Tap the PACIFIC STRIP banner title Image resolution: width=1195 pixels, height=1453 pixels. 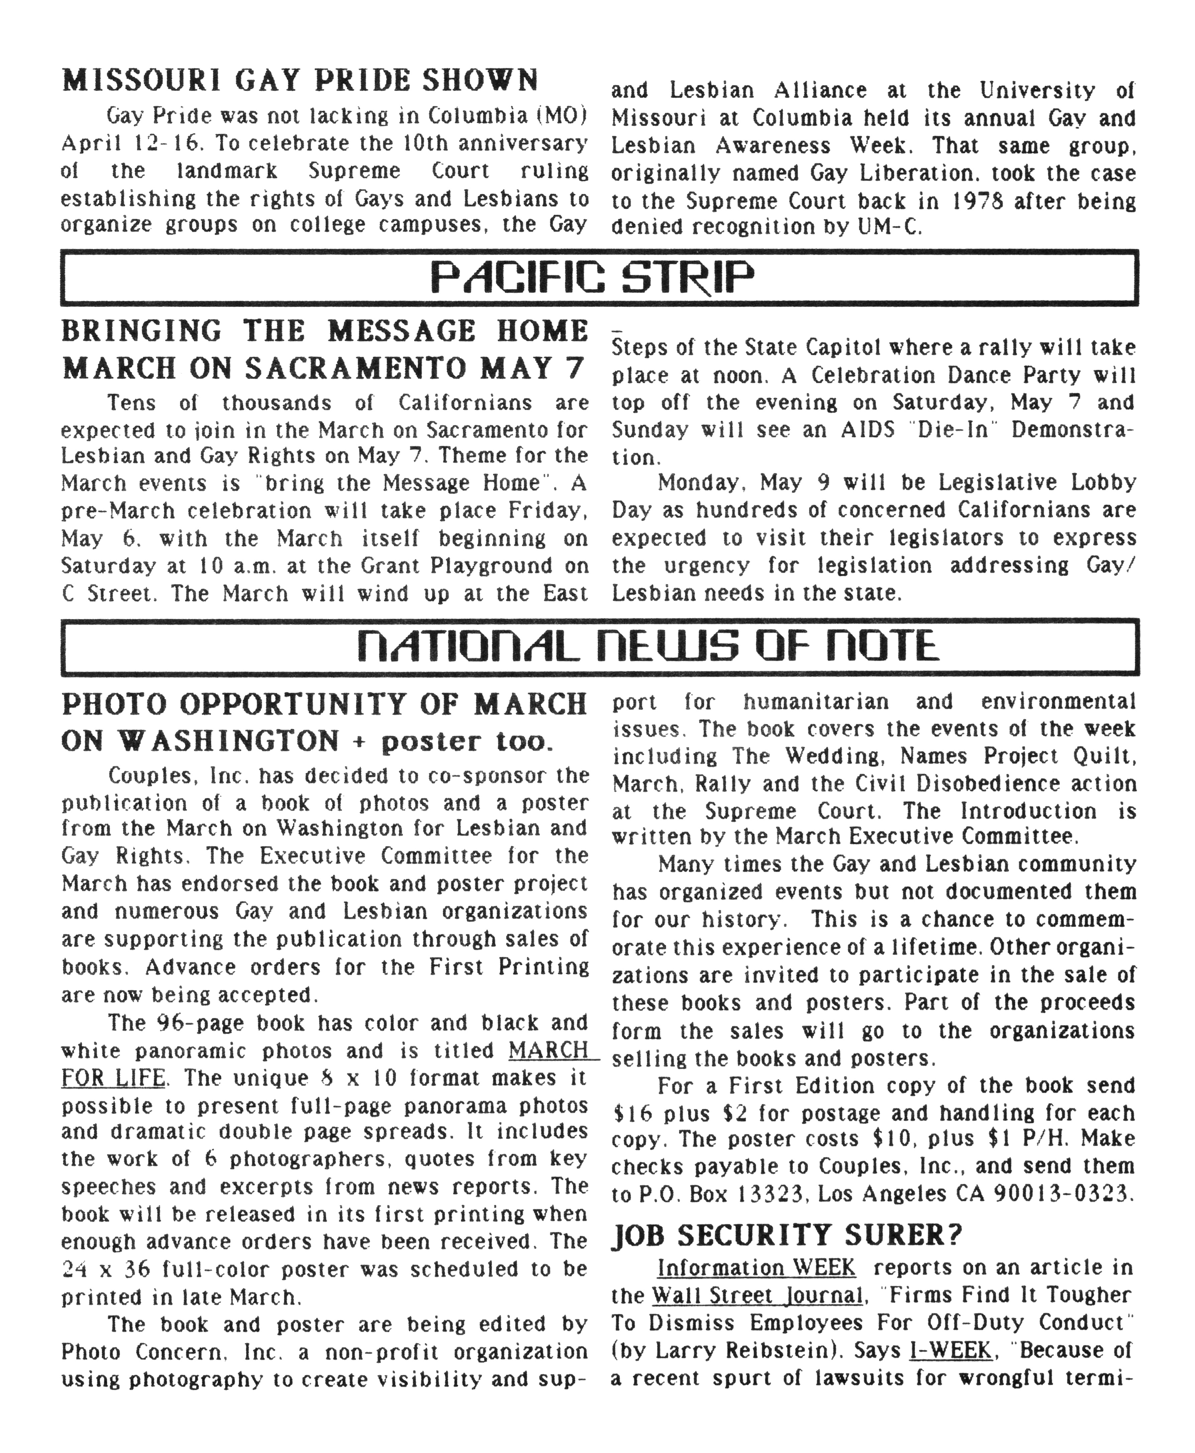click(x=592, y=278)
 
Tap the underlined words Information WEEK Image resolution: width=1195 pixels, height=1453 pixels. click(x=756, y=1268)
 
